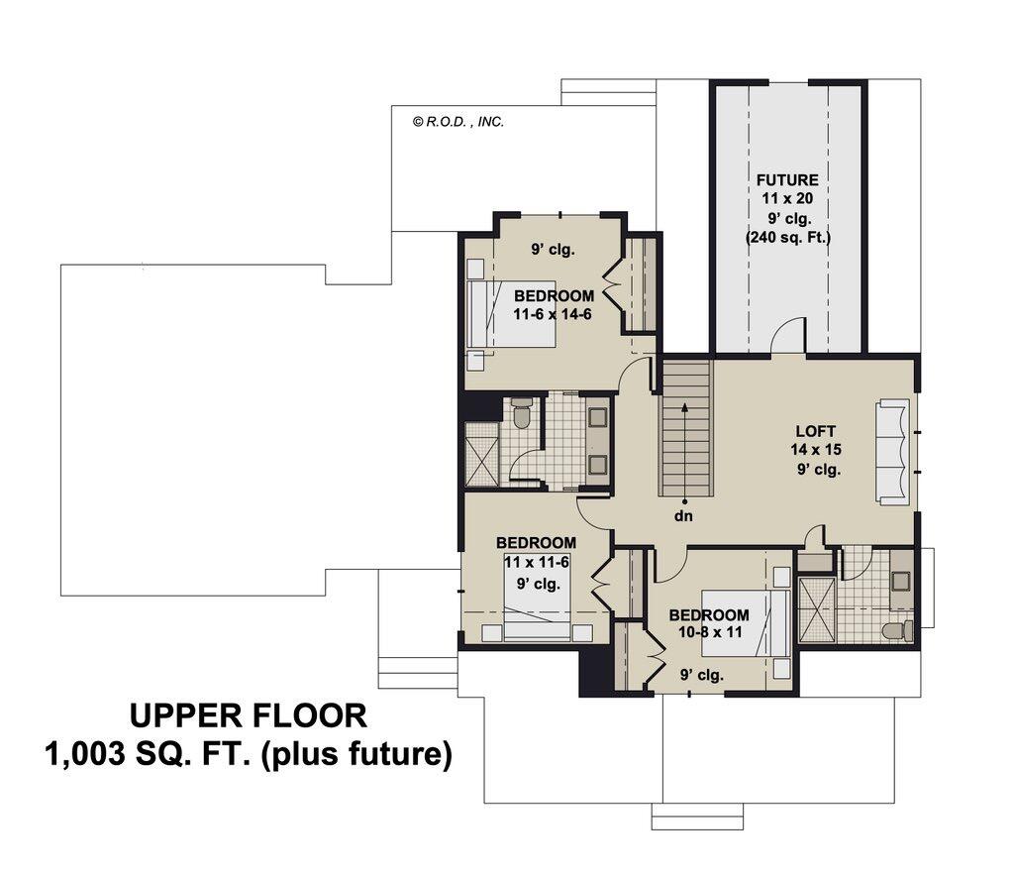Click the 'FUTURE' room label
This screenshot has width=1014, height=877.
tap(787, 180)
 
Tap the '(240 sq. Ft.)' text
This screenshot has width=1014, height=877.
tap(787, 238)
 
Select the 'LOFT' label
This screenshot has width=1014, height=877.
tap(816, 432)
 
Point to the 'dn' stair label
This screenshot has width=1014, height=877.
tap(684, 516)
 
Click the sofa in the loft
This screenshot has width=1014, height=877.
tap(893, 452)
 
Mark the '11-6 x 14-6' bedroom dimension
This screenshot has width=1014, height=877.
tap(554, 313)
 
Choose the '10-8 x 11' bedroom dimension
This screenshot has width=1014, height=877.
tap(708, 632)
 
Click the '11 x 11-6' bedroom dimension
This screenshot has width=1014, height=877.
tap(536, 562)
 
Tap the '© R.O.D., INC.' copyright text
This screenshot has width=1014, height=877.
tap(458, 122)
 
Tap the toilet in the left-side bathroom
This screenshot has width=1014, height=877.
tap(523, 413)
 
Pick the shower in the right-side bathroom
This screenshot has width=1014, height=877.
tap(816, 609)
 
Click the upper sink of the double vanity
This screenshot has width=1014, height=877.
tap(598, 417)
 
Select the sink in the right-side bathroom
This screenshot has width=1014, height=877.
tap(900, 583)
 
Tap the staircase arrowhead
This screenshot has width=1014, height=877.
tap(684, 406)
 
